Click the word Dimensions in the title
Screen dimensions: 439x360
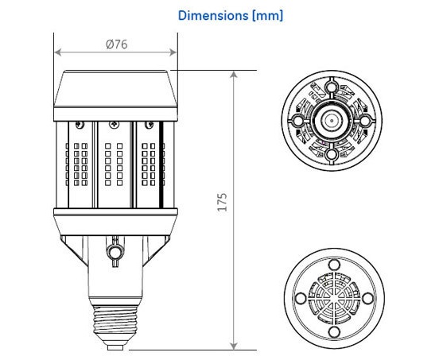click(x=213, y=15)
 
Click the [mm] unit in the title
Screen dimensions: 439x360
click(x=267, y=16)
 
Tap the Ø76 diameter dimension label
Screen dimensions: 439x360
click(x=117, y=45)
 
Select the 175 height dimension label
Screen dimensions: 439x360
click(x=222, y=202)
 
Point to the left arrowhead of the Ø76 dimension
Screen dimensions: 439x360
click(x=58, y=52)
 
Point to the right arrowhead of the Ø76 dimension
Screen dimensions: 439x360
click(x=173, y=52)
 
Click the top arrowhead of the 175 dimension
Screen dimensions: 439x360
click(x=234, y=74)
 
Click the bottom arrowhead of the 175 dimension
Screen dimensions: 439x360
click(x=234, y=346)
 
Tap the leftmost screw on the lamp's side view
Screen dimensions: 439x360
click(x=80, y=125)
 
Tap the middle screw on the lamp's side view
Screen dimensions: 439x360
click(x=114, y=125)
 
